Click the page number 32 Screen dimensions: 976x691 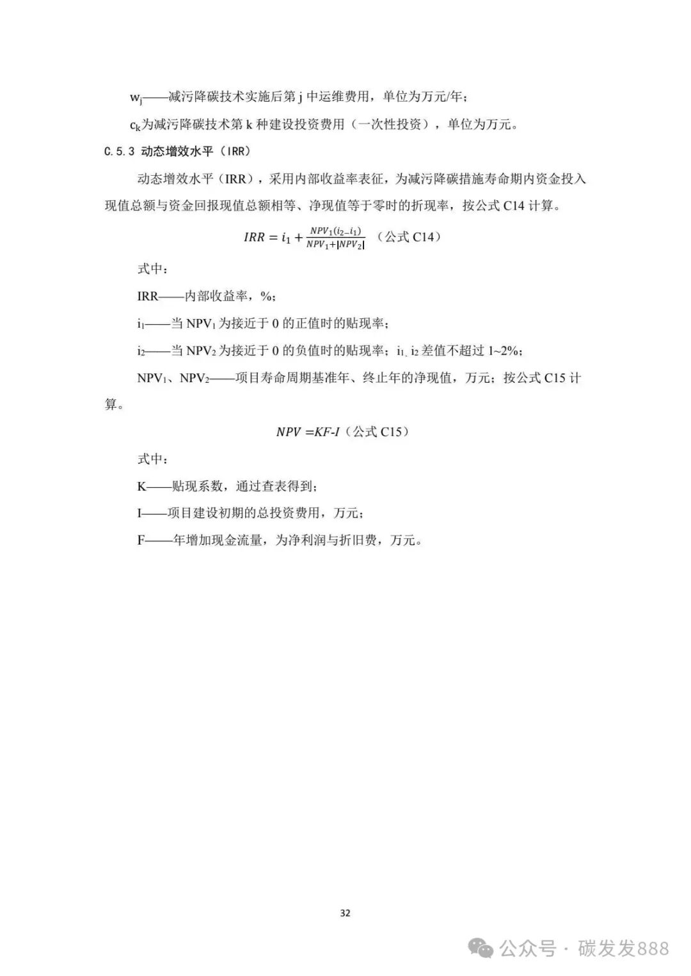(345, 913)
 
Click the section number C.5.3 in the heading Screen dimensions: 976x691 (120, 151)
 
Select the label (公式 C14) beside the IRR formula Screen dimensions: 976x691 (409, 237)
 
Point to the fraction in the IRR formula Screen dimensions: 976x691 (335, 237)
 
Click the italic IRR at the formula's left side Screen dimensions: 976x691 (254, 237)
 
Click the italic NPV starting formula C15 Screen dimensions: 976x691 (288, 432)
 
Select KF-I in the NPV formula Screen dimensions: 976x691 (326, 432)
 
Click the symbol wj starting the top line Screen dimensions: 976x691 (136, 98)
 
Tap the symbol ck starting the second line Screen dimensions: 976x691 (135, 125)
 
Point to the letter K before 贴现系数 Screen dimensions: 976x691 (141, 486)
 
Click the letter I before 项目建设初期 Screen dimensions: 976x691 (139, 513)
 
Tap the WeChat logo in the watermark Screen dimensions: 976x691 (481, 949)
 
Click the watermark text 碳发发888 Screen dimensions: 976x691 (623, 949)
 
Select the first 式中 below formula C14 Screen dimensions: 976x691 (152, 269)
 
